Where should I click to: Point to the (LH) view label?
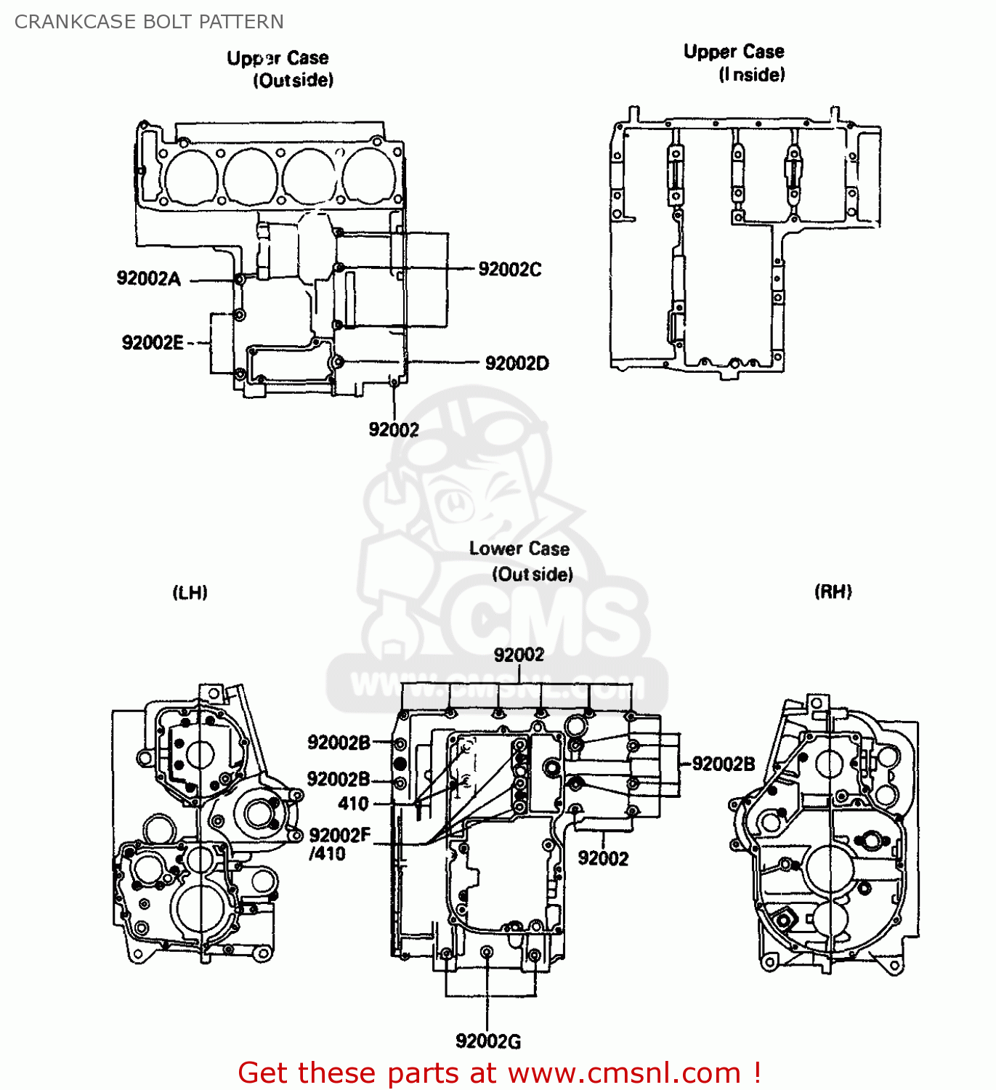[x=190, y=592]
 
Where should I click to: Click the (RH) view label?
[x=833, y=592]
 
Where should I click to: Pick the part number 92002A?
[x=149, y=278]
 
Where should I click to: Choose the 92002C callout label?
[x=509, y=270]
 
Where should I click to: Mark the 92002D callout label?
[x=517, y=363]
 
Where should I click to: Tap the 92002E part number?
[x=153, y=342]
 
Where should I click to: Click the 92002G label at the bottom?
[x=488, y=1041]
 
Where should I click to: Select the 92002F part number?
[x=340, y=836]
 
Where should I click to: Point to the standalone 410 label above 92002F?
[x=354, y=803]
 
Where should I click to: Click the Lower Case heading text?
[x=519, y=549]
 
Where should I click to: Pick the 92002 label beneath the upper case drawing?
[x=394, y=429]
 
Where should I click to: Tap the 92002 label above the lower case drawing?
[x=519, y=655]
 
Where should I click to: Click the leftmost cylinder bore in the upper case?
[x=191, y=177]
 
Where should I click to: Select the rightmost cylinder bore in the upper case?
[x=370, y=177]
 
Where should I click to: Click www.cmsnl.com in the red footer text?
[x=623, y=1073]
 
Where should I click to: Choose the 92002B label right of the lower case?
[x=724, y=764]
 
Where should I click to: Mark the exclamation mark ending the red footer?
[x=757, y=1073]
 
